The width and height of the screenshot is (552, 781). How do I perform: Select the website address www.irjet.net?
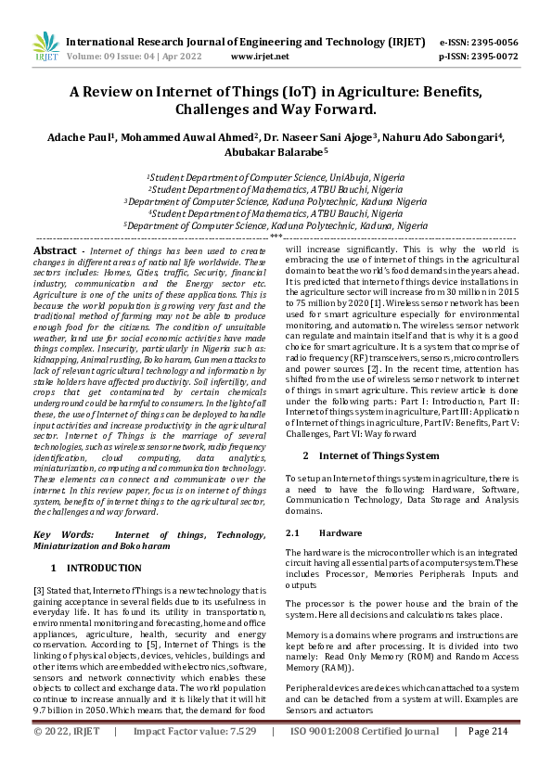point(260,56)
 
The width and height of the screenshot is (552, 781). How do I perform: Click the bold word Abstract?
point(55,251)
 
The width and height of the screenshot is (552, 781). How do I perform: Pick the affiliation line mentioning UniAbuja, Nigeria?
point(276,176)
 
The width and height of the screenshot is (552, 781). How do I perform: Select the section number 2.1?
point(293,533)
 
